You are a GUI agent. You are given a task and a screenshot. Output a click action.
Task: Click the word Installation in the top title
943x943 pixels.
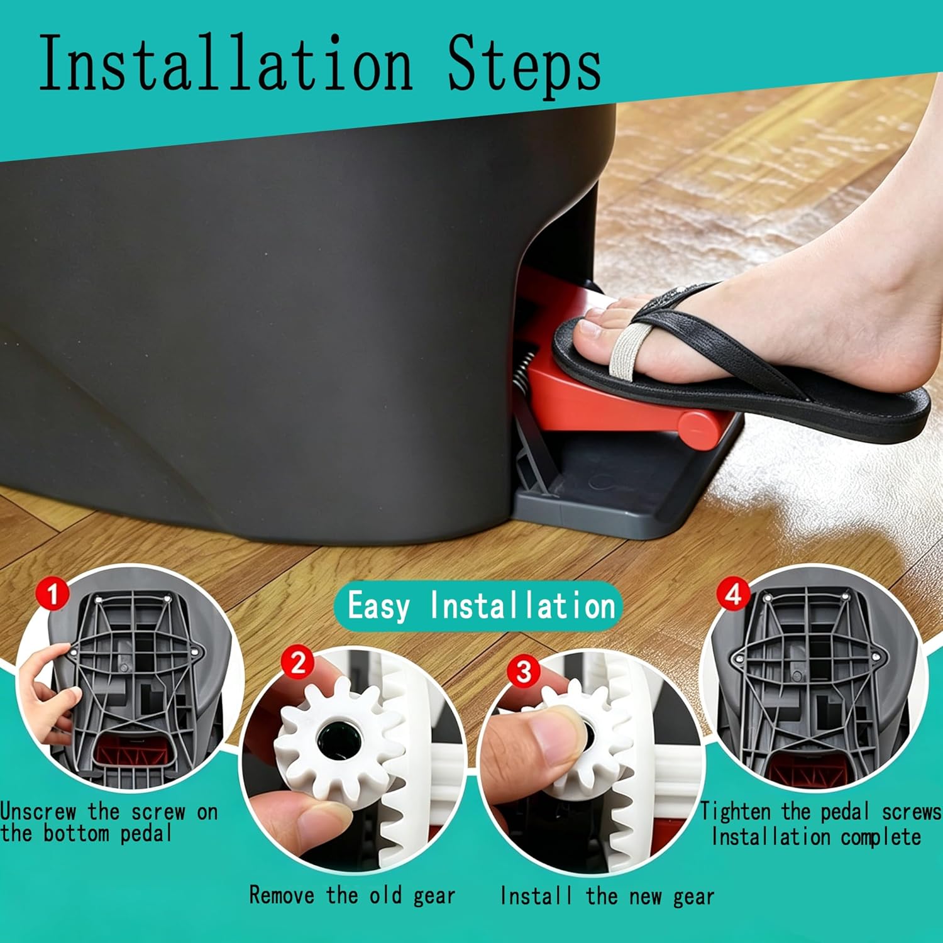coord(226,63)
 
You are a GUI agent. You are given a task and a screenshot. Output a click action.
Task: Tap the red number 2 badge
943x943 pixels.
coord(298,663)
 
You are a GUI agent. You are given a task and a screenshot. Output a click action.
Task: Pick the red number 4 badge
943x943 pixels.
coord(734,594)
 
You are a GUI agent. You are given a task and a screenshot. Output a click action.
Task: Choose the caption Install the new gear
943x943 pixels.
coord(607,896)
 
